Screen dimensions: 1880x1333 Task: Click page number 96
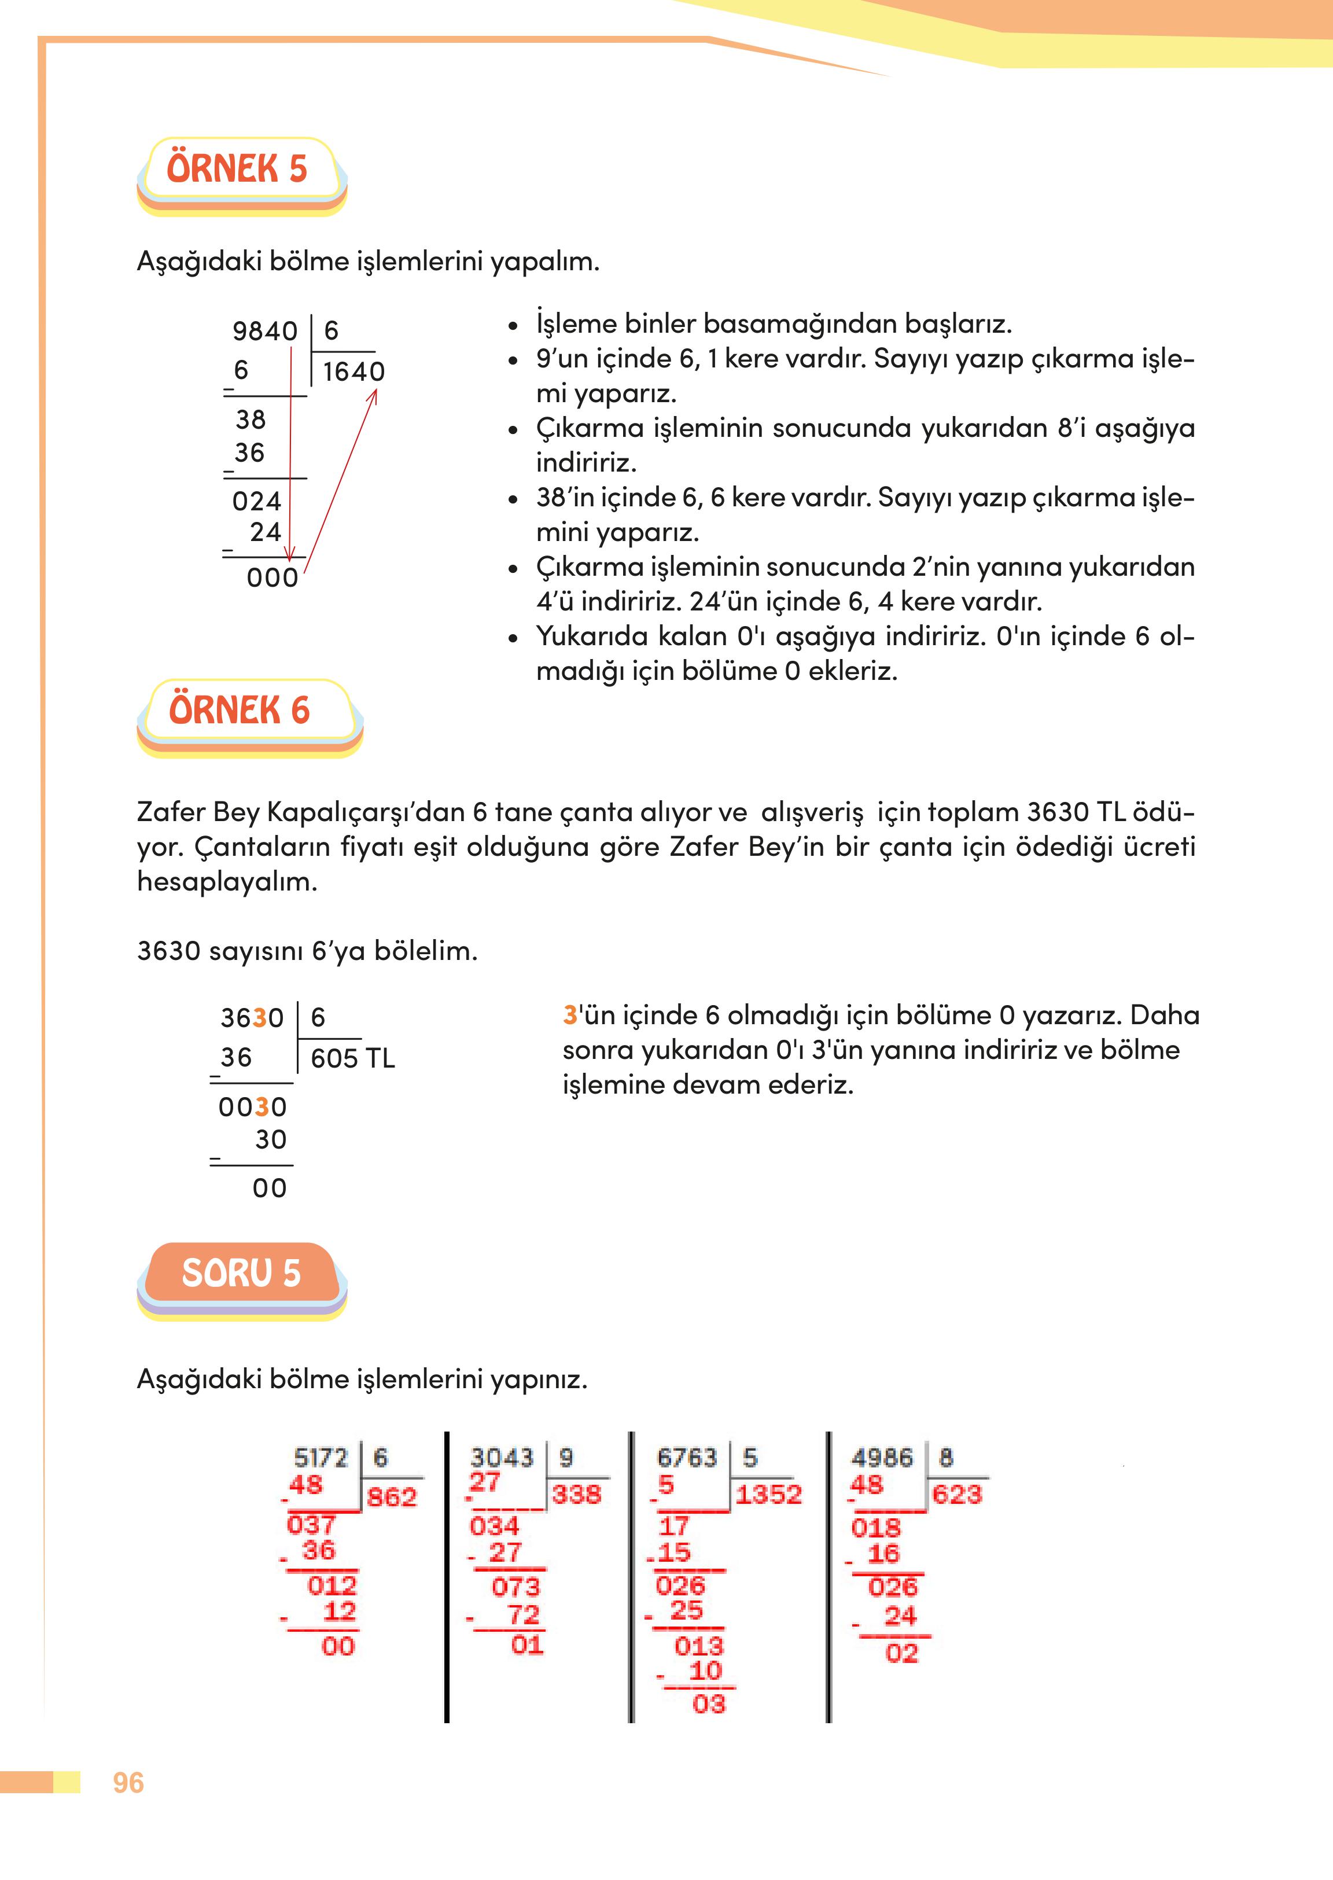tap(128, 1782)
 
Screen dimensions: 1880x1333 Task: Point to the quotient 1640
tap(353, 372)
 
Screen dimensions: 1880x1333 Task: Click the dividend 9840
tap(264, 331)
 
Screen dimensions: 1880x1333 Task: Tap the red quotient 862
tap(392, 1496)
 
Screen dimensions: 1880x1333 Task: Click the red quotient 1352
tap(768, 1494)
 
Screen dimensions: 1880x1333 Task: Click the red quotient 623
tap(956, 1493)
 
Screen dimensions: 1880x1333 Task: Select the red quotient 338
tap(576, 1494)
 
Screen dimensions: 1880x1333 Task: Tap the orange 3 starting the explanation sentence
tap(570, 1016)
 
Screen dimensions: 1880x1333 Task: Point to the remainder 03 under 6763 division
tap(708, 1704)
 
